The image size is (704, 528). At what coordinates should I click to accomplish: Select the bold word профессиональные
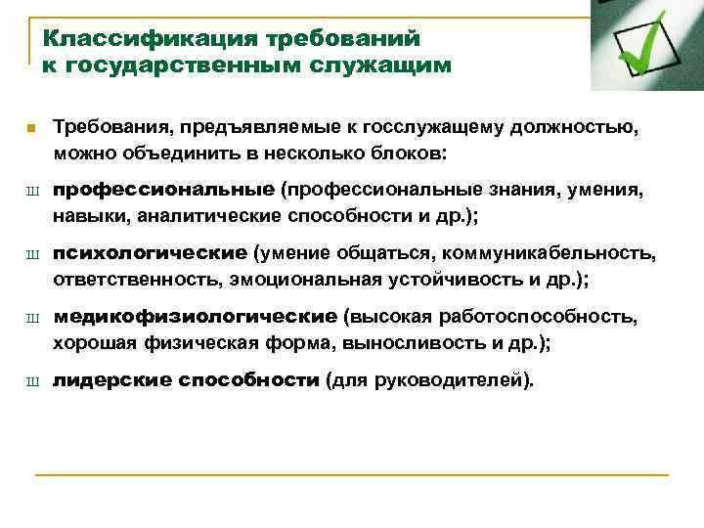pos(163,190)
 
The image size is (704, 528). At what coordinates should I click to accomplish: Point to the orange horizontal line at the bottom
pos(352,474)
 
